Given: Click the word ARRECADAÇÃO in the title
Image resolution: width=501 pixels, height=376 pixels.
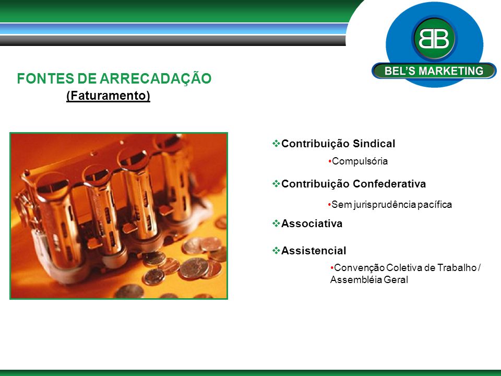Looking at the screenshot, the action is click(x=156, y=78).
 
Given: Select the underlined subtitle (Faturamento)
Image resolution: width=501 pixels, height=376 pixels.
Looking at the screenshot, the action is click(x=109, y=96).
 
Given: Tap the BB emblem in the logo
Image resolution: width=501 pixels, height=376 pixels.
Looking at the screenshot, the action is click(x=434, y=39).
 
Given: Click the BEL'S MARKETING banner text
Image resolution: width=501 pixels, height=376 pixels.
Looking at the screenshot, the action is click(x=434, y=70).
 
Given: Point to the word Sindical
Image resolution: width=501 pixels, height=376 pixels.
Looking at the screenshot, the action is click(x=374, y=144).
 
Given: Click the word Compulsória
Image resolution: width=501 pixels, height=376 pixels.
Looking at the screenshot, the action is click(x=360, y=161).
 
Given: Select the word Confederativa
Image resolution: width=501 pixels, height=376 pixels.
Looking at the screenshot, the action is click(x=389, y=184).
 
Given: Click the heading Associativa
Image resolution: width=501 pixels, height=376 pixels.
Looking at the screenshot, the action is click(x=312, y=224).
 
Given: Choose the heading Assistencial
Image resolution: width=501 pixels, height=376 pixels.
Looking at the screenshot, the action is click(x=314, y=251).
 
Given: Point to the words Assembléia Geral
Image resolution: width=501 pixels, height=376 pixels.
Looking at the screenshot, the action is click(x=369, y=280).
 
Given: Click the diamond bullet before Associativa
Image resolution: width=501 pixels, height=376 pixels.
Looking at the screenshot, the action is click(x=276, y=223).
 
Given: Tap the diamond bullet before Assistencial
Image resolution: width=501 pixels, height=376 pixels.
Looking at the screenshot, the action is click(x=276, y=250).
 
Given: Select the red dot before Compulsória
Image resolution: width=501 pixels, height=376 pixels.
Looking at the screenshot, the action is click(x=330, y=161).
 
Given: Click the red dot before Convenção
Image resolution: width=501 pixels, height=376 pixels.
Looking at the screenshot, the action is click(x=332, y=267).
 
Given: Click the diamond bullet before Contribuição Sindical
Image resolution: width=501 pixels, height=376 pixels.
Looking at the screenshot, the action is click(x=276, y=143).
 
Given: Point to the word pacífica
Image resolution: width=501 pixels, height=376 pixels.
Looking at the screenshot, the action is click(x=438, y=205).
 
